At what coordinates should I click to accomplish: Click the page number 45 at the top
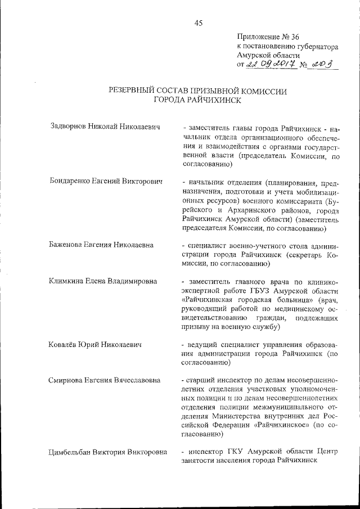[198, 23]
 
